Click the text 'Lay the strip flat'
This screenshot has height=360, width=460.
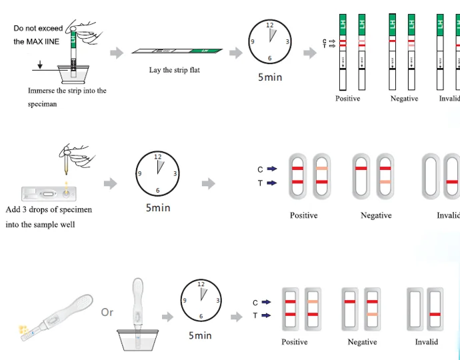[x=175, y=70]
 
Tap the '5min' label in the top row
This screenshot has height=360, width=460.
[x=270, y=77]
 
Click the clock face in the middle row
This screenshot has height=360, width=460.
[x=157, y=173]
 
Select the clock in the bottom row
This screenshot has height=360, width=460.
[x=201, y=300]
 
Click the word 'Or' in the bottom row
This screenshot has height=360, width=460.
[x=107, y=312]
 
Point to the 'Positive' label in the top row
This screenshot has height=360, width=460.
[x=347, y=99]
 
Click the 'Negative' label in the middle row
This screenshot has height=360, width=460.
[x=376, y=215]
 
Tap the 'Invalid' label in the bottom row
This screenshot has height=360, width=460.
[x=427, y=342]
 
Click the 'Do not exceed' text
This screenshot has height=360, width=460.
[x=38, y=28]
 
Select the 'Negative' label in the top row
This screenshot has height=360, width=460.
[x=404, y=99]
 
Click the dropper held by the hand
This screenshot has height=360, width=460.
[x=66, y=163]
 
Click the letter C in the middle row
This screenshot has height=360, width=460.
[x=261, y=169]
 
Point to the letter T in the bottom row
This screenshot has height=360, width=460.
[x=255, y=315]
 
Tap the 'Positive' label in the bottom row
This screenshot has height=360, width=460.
[x=294, y=342]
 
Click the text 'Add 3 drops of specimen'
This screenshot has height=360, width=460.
[x=49, y=209]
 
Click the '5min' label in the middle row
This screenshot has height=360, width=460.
[x=158, y=208]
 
